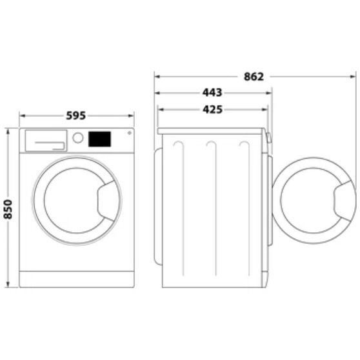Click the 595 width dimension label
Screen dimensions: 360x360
click(75, 115)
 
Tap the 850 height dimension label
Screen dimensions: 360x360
click(8, 210)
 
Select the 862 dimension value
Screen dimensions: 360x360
click(254, 77)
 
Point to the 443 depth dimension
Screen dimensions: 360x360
click(212, 92)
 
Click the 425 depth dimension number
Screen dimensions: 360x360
click(212, 110)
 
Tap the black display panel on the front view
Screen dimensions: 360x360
click(99, 139)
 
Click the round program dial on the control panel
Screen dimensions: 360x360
click(78, 138)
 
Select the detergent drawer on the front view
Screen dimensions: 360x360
click(46, 141)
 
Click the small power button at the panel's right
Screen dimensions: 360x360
click(130, 133)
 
